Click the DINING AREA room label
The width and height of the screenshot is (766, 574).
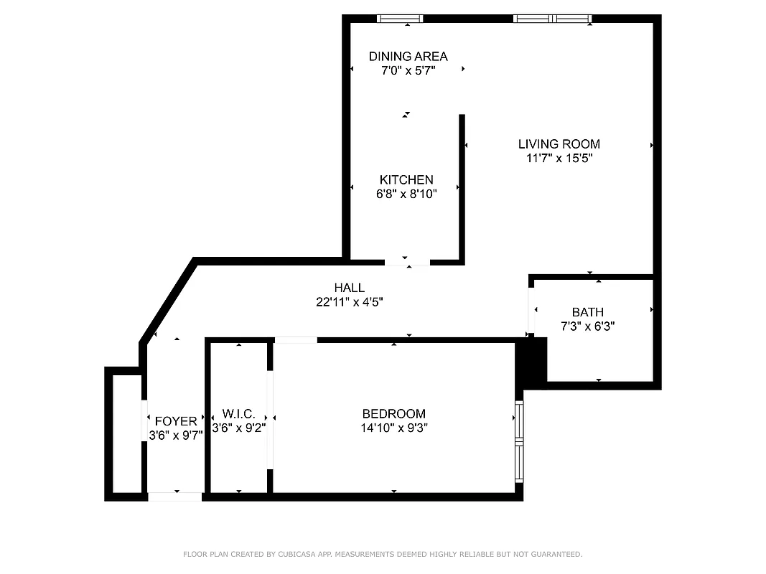coord(408,56)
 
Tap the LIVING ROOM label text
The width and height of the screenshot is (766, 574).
coord(559,144)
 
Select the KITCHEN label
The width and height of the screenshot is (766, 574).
coord(406,180)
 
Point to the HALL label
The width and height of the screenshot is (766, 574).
coord(349,288)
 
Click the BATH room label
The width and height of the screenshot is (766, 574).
coord(587,312)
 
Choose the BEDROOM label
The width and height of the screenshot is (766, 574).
coord(393,414)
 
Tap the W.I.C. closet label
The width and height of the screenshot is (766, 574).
coord(238,414)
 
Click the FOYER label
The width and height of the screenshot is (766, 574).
coord(175,422)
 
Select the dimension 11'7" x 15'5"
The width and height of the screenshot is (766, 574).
coord(559,159)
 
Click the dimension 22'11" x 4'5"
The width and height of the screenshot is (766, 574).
coord(349,303)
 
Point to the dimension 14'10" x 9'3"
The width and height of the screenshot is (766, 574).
coord(393,428)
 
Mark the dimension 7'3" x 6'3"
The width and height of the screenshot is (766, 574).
coord(587,326)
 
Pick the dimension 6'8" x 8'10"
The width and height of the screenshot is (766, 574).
coord(406,194)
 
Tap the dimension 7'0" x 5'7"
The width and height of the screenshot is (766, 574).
coord(408,70)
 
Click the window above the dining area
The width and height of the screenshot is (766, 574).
coord(400,19)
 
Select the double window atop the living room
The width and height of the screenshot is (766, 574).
coord(553,19)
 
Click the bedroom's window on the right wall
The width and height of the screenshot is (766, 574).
coord(519,441)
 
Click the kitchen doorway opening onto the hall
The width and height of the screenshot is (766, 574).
coord(407,262)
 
